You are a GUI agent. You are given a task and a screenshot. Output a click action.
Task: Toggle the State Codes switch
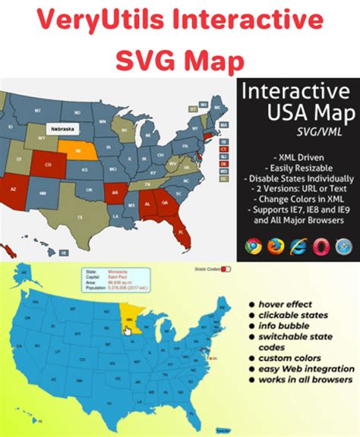point(224,269)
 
